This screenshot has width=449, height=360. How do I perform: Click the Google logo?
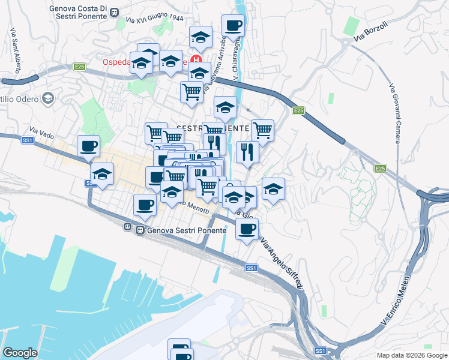click(20, 353)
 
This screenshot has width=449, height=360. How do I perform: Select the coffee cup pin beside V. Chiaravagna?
click(232, 26)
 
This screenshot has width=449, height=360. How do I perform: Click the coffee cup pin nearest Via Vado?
click(88, 146)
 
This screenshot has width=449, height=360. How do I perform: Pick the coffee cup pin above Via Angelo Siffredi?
click(247, 228)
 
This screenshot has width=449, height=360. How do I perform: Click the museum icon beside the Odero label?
click(47, 98)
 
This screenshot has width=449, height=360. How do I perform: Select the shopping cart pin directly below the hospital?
click(191, 92)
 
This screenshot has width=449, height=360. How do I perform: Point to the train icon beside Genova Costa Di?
click(115, 12)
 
